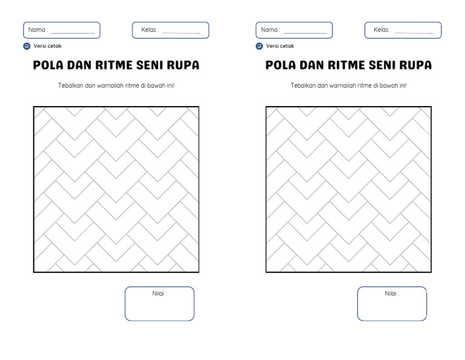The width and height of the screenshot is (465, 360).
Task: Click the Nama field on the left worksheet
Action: click(x=62, y=30)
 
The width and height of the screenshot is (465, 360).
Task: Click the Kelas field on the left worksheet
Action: click(x=171, y=30)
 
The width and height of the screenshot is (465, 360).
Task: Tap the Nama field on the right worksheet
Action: click(x=294, y=30)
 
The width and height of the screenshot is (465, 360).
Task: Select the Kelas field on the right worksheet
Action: click(x=403, y=30)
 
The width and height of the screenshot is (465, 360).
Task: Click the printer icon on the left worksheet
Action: click(x=27, y=46)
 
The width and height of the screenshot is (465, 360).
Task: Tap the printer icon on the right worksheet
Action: click(x=259, y=46)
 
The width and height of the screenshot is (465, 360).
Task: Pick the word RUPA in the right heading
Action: click(x=415, y=65)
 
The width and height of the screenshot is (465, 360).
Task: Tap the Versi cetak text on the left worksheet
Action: click(x=47, y=46)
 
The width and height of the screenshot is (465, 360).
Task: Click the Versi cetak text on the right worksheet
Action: click(x=280, y=46)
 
